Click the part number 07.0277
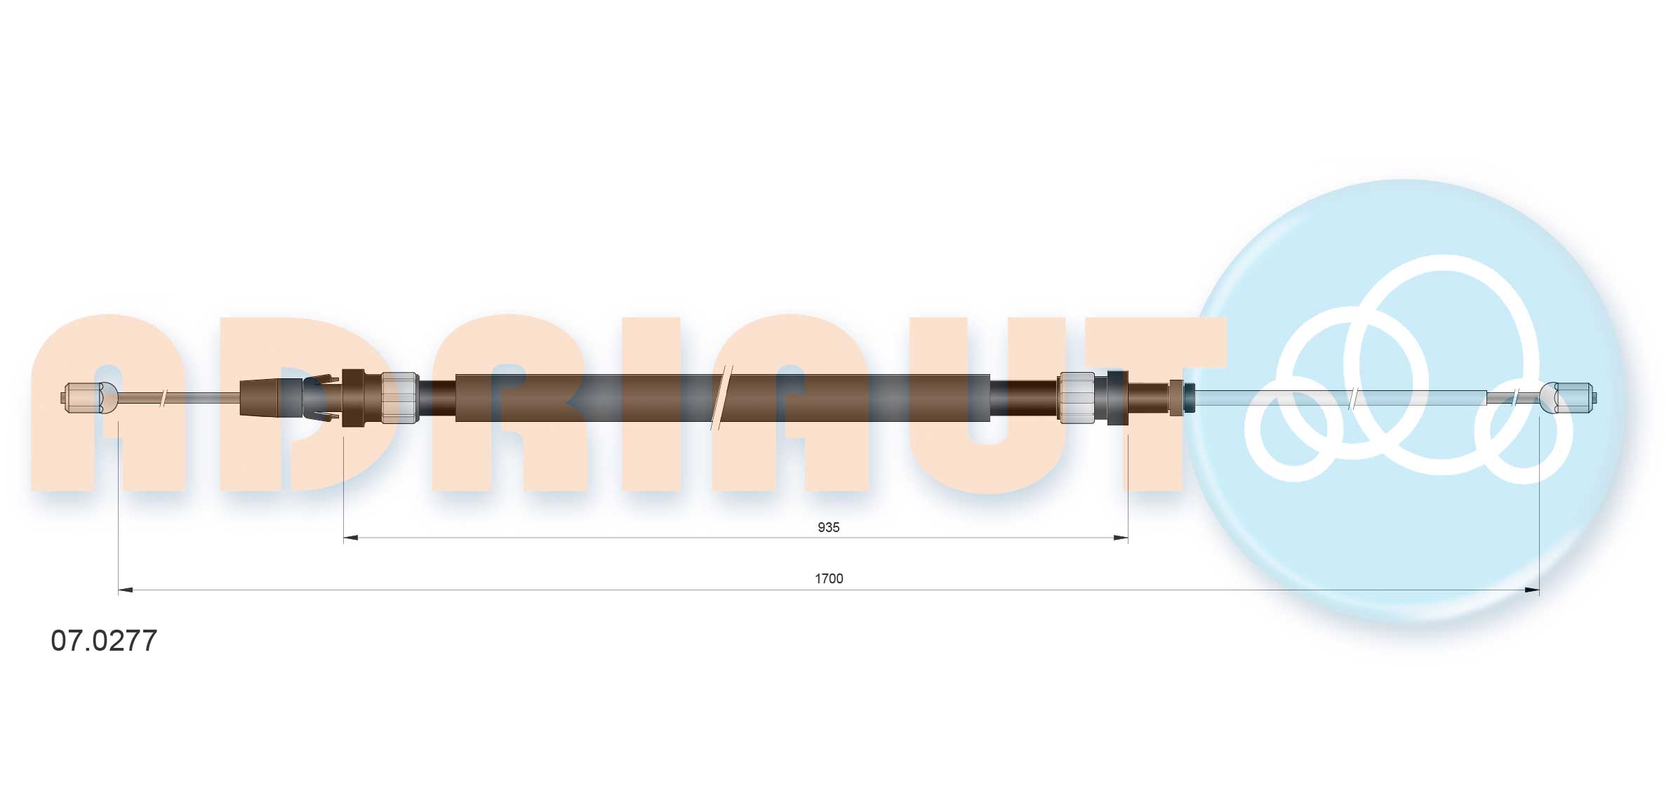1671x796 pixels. (104, 640)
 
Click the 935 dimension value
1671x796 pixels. (828, 527)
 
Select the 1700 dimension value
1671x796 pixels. (829, 578)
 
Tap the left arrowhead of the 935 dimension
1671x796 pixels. (351, 538)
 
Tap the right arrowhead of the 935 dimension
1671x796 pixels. (1120, 538)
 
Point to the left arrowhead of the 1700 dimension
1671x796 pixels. (126, 590)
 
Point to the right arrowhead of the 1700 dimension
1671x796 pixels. (1531, 590)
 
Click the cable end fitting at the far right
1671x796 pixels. (1569, 398)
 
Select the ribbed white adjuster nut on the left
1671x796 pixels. (400, 398)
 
